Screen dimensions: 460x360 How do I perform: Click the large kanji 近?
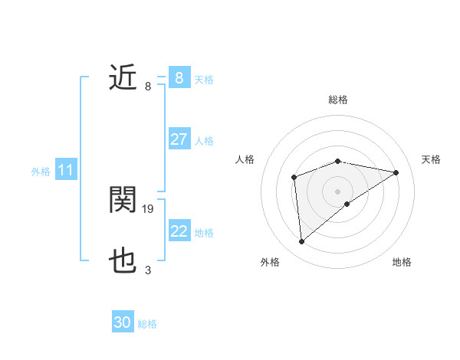[x=123, y=78]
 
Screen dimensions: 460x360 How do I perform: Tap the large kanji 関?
[x=123, y=201]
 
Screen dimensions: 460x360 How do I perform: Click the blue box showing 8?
[x=179, y=78]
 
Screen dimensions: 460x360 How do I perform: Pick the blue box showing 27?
[x=179, y=139]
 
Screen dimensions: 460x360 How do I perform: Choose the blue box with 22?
[x=179, y=231]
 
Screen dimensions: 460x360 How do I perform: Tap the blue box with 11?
[x=65, y=171]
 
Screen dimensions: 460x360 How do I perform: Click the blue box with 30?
[x=123, y=322]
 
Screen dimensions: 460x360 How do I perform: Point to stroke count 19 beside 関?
[x=149, y=208]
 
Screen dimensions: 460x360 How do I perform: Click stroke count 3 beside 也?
[x=148, y=270]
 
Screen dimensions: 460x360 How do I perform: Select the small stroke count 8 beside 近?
[x=148, y=86]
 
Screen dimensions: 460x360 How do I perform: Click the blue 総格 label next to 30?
[x=147, y=324]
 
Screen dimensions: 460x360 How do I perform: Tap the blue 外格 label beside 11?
[x=41, y=172]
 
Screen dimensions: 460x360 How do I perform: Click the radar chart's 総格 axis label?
[x=337, y=100]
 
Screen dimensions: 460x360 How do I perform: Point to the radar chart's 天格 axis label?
[x=431, y=159]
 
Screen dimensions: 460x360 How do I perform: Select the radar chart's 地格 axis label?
[x=402, y=262]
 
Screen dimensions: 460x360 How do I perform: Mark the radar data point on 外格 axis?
[x=302, y=242]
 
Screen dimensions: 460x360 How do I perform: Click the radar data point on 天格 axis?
[x=396, y=172]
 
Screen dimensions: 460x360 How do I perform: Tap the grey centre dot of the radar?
[x=337, y=191]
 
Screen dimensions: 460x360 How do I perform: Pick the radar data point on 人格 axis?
[x=294, y=178]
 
